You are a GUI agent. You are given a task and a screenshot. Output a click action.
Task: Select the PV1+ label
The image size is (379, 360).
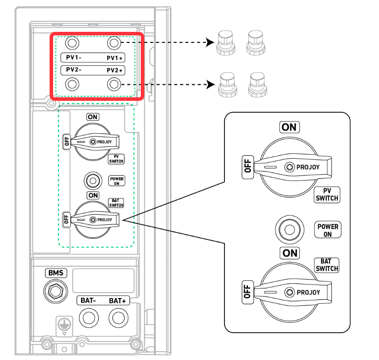(115, 58)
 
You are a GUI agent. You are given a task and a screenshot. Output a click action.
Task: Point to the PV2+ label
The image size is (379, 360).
(115, 70)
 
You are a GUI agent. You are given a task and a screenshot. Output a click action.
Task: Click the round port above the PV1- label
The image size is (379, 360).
(73, 43)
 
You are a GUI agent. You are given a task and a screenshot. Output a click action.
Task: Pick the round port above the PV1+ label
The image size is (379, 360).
(114, 43)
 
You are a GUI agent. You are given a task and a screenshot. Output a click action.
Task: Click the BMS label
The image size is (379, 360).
(56, 273)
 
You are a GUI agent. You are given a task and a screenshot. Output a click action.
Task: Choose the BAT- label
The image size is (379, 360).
(88, 301)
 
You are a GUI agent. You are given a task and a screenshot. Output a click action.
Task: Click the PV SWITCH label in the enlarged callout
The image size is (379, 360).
(326, 195)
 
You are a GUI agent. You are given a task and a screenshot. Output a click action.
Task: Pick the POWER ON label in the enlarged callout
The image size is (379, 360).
(328, 230)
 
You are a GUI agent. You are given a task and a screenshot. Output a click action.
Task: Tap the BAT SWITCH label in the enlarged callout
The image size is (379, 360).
(327, 265)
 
